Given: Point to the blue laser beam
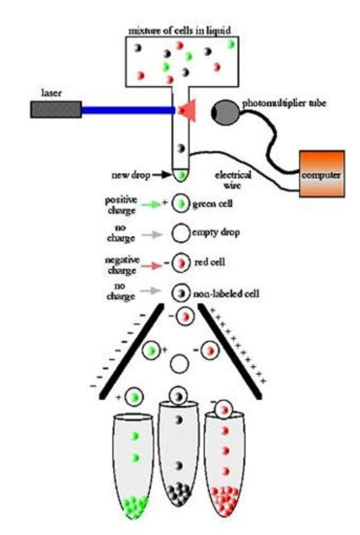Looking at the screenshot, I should point(129,109).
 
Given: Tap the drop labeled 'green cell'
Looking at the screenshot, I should point(181,202).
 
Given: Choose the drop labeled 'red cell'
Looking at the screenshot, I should point(181,263).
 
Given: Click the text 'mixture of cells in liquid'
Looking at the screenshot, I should point(181,30).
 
